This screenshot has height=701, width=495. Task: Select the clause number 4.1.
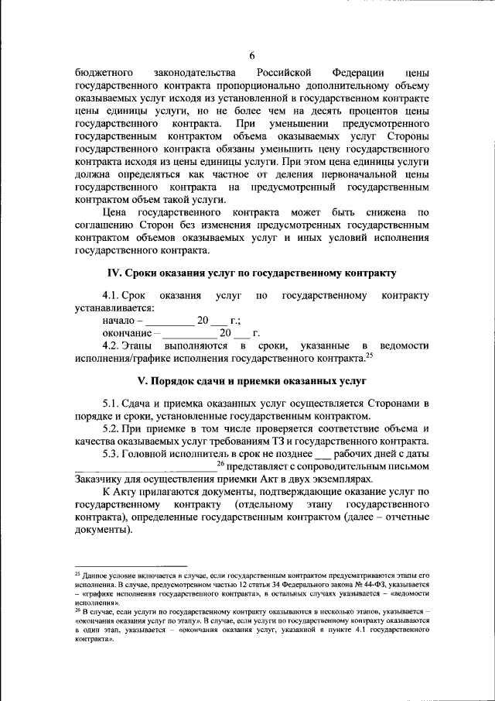click(113, 296)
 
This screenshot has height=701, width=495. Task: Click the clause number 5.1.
click(113, 404)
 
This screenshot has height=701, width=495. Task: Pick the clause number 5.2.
click(113, 429)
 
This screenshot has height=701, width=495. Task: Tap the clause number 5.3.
click(113, 453)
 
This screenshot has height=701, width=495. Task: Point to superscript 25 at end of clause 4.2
click(369, 356)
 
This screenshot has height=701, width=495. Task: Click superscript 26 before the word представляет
click(220, 463)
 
